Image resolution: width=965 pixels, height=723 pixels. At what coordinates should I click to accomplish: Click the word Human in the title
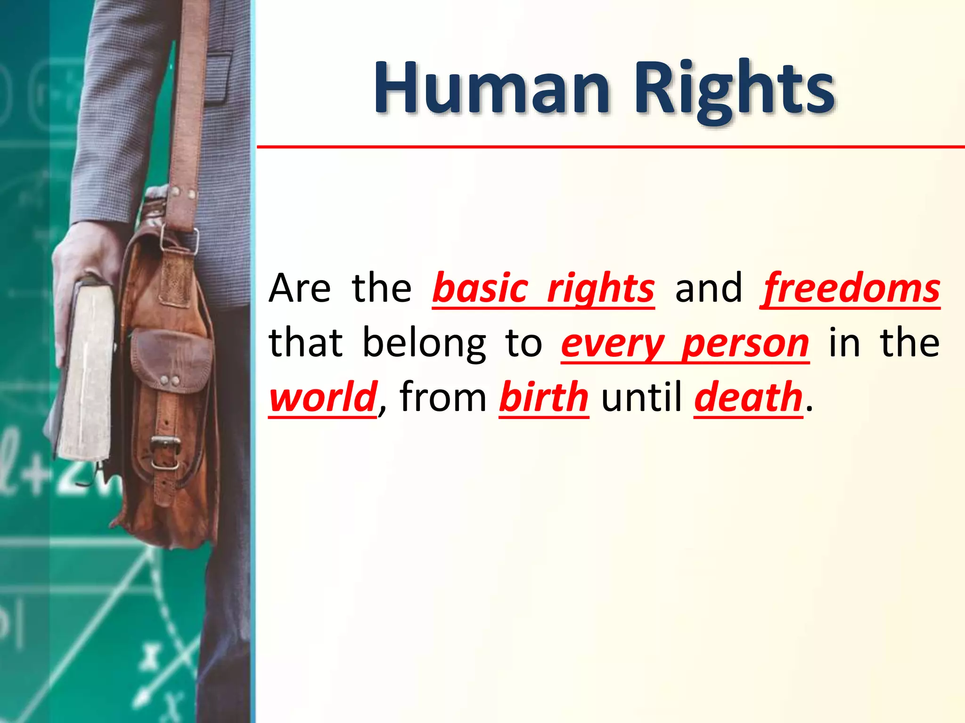coord(492,89)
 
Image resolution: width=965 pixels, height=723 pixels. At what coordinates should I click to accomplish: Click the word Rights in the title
coord(735,92)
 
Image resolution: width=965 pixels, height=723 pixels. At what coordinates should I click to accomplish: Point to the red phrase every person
coord(685,344)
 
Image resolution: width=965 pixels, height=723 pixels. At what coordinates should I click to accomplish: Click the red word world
coord(323,398)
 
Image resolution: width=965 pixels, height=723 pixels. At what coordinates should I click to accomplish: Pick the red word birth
coord(544,398)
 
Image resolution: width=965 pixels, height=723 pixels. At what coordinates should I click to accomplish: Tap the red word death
coord(748,398)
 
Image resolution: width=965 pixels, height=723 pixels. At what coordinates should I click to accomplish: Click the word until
coord(641,398)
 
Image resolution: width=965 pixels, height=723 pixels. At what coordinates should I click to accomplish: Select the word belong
coord(424,344)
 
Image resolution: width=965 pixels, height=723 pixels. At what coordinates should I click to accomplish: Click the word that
coord(305,344)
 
